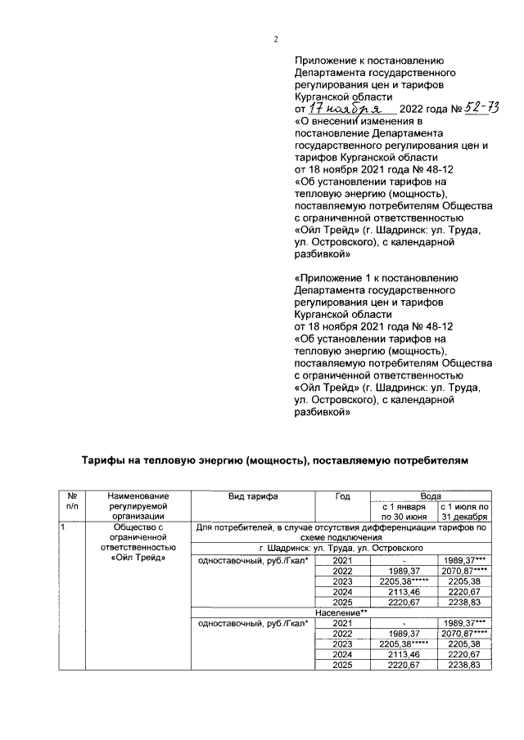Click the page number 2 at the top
(276, 39)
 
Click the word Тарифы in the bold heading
(103, 461)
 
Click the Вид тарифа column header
(253, 496)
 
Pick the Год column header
(343, 496)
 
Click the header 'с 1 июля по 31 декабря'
(464, 511)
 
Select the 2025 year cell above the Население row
(343, 602)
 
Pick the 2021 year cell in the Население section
(343, 623)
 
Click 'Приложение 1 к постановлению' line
(368, 279)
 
